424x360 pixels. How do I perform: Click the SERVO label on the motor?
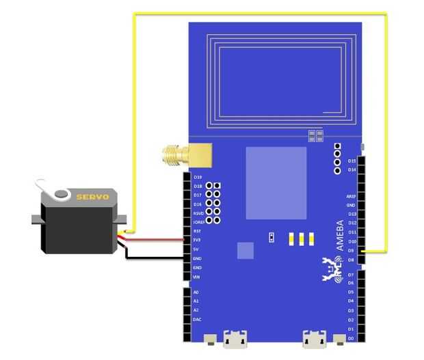pyautogui.click(x=92, y=197)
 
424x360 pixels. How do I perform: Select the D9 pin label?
pyautogui.click(x=351, y=251)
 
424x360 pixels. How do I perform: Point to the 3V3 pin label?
pyautogui.click(x=197, y=240)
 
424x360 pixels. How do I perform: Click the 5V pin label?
pyautogui.click(x=196, y=249)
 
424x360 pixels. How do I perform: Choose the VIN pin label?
pyautogui.click(x=197, y=277)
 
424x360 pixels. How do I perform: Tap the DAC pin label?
pyautogui.click(x=197, y=319)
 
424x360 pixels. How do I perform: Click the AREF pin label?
pyautogui.click(x=351, y=196)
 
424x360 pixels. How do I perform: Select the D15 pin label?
pyautogui.click(x=352, y=161)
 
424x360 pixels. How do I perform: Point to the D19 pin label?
pyautogui.click(x=198, y=177)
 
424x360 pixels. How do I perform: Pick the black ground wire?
pyautogui.click(x=157, y=258)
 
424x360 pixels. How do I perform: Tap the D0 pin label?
pyautogui.click(x=351, y=338)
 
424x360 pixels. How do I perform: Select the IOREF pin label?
pyautogui.click(x=198, y=222)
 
